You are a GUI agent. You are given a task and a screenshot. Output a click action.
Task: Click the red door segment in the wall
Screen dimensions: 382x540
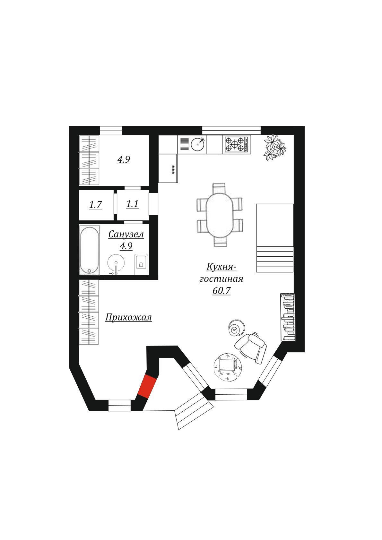147,387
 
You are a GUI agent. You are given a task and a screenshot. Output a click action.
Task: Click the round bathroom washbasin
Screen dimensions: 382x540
116,263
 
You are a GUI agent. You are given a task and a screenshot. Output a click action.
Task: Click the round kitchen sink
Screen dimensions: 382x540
198,144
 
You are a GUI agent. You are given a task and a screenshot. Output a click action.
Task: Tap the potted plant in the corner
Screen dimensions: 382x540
274,147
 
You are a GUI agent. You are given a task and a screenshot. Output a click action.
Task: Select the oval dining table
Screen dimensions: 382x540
220,214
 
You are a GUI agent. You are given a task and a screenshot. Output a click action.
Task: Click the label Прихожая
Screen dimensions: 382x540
128,317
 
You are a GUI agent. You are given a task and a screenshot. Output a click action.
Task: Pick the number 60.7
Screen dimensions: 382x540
221,291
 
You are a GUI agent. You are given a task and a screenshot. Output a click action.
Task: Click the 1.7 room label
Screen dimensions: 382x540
95,205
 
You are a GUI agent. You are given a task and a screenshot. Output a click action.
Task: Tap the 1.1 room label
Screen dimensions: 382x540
132,204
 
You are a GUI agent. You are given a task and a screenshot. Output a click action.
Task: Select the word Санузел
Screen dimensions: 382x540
126,234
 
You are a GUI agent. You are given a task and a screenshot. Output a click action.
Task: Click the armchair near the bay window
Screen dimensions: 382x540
251,348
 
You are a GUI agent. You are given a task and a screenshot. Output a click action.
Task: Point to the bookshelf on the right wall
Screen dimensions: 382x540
288,317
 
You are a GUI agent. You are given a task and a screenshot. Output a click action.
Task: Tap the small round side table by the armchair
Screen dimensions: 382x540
237,328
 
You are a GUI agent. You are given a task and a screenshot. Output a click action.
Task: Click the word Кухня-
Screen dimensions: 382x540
221,267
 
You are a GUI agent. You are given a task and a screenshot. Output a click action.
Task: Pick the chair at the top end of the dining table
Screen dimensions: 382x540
220,187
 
